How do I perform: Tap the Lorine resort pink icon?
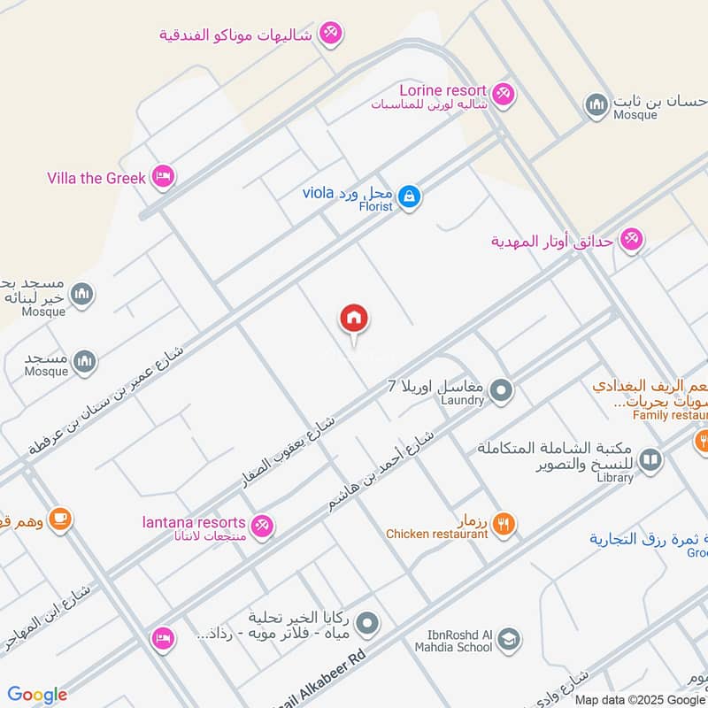[x=503, y=94]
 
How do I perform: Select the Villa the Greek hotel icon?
[x=162, y=177]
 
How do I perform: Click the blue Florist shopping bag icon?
[x=408, y=196]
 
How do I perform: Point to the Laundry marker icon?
[x=501, y=389]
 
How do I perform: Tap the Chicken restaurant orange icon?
[x=503, y=523]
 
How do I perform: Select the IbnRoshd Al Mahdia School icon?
[x=508, y=638]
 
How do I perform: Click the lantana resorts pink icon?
[x=261, y=526]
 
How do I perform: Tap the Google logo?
[x=37, y=695]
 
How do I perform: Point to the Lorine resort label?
[x=442, y=90]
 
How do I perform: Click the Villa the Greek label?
[x=96, y=178]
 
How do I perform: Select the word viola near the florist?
[x=317, y=192]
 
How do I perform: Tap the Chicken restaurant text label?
[x=436, y=534]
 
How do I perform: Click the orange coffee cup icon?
[x=59, y=519]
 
